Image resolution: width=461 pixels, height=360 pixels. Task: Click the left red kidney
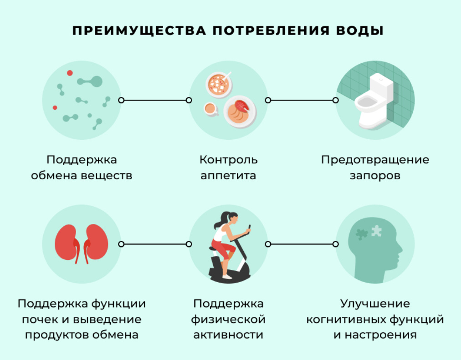coord(68,242)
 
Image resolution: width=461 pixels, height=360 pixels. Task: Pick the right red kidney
coord(95,242)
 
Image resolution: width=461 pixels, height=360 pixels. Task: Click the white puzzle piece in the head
coord(376,231)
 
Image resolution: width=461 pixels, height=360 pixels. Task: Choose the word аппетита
coord(228,175)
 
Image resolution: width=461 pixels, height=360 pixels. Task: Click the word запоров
coord(375,175)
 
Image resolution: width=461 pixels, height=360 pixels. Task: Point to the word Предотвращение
coord(375,160)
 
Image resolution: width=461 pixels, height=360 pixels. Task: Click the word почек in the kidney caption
coord(38,319)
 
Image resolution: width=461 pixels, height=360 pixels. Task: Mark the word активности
coord(228,335)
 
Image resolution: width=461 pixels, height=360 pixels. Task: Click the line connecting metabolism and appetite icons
coord(155,100)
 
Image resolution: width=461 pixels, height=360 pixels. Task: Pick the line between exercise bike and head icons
coord(302,244)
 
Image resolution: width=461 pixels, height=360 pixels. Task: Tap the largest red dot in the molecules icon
coord(70,73)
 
